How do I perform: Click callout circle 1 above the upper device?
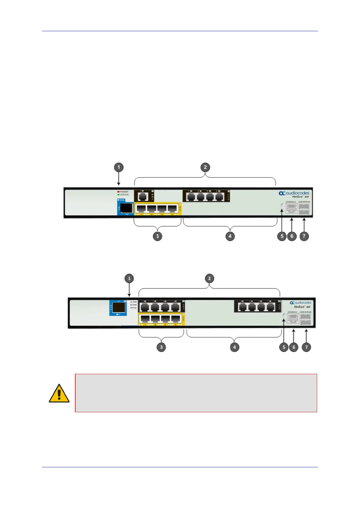[x=118, y=167]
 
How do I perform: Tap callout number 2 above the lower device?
[x=209, y=279]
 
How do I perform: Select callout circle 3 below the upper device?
[x=157, y=236]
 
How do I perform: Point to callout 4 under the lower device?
[x=235, y=347]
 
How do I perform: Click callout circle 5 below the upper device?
[x=282, y=236]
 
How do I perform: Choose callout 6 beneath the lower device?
[x=294, y=347]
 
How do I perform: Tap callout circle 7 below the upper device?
[x=304, y=236]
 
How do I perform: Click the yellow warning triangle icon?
[x=59, y=393]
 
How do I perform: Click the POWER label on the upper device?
[x=124, y=192]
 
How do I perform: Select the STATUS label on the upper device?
[x=124, y=195]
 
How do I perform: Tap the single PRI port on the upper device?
[x=142, y=197]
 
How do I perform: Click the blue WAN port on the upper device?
[x=126, y=208]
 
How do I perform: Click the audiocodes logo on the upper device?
[x=294, y=193]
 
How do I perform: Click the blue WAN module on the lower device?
[x=118, y=308]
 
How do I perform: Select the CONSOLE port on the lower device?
[x=293, y=318]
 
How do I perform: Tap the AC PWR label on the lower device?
[x=133, y=302]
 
